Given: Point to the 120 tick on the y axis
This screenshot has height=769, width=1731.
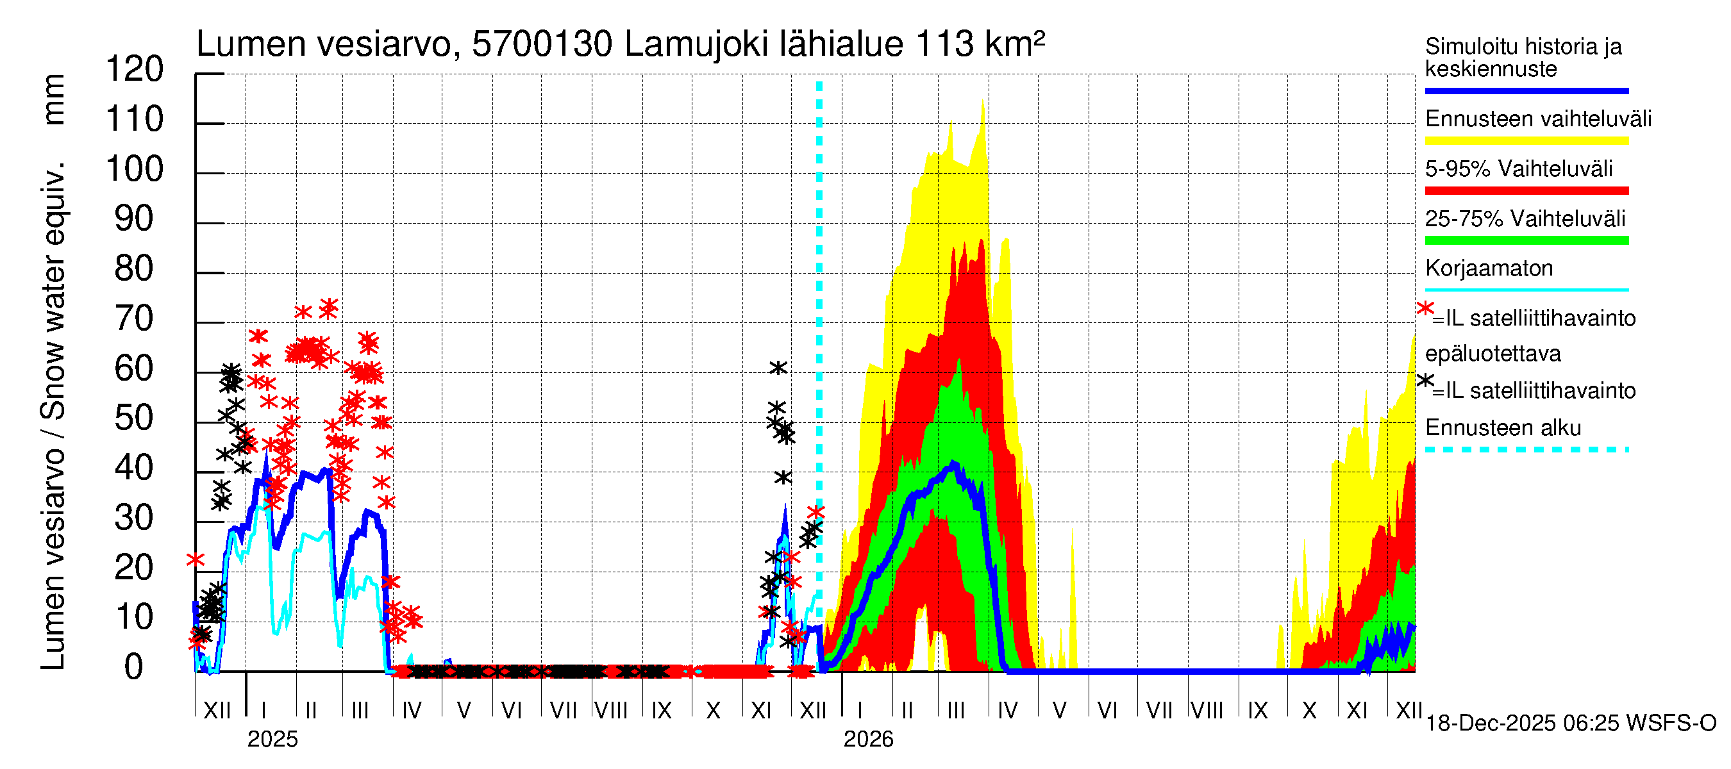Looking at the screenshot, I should pos(135,69).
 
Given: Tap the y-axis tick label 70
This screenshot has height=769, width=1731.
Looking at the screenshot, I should pos(135,318).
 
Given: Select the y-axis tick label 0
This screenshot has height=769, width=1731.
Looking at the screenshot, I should pos(134,667).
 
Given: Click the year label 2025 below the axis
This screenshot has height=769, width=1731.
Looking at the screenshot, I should pos(272,739).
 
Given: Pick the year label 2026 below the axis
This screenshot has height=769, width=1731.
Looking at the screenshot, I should pos(868,739).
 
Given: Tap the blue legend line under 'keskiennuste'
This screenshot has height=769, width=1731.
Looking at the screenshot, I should pos(1526,90).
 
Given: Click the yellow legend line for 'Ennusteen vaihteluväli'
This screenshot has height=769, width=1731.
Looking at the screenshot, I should pos(1526,140).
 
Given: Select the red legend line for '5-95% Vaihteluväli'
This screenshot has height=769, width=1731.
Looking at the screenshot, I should pos(1526,191).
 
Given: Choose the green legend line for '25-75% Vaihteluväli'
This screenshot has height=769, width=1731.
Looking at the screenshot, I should pos(1526,240).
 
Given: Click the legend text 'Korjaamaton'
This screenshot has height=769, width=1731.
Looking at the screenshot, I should pos(1489,269).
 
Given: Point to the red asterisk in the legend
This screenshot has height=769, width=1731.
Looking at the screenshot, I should pos(1425,308).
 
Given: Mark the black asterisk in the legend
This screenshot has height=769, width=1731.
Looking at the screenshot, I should pos(1425,380).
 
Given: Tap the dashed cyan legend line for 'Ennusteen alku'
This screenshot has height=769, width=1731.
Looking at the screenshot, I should pos(1526,449).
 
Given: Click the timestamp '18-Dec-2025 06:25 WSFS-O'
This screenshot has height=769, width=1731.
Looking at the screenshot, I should pos(1570,724).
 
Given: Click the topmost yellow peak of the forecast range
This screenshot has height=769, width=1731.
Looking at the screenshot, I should pos(983,101).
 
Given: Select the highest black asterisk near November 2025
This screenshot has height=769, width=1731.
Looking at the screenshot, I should pos(778,367).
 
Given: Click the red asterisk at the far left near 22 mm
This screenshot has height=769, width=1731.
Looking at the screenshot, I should pos(196,559).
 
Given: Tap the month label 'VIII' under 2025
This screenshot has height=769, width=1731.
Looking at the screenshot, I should pos(611,711).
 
